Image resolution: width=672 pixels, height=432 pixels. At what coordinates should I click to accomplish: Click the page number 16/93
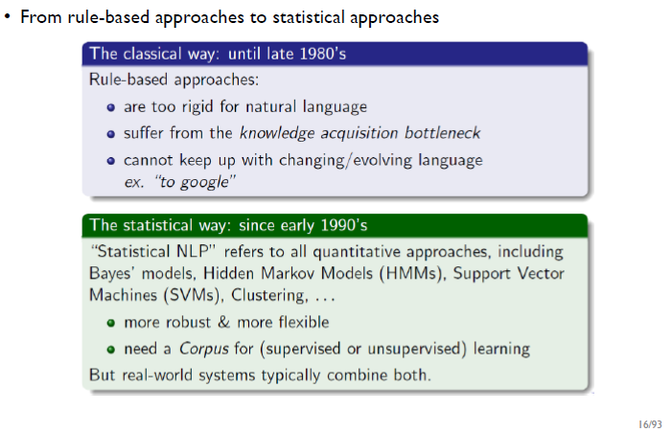650,424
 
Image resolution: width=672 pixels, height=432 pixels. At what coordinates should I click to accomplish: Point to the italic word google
204,182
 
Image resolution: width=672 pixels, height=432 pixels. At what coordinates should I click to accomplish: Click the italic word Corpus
204,349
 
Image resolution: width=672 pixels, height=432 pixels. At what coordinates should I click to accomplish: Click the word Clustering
269,296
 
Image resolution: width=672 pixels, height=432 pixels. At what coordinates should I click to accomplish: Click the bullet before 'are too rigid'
111,107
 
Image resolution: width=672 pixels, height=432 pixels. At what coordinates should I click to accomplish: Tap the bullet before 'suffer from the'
111,134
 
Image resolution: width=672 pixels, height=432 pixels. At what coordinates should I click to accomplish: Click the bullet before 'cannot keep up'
111,161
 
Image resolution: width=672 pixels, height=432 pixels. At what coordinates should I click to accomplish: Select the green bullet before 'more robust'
111,323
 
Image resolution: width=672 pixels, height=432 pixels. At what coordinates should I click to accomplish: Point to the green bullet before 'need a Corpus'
111,350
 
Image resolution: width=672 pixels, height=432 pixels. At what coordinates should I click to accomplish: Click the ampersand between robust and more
223,322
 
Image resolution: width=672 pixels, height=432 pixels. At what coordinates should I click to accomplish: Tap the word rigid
197,107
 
